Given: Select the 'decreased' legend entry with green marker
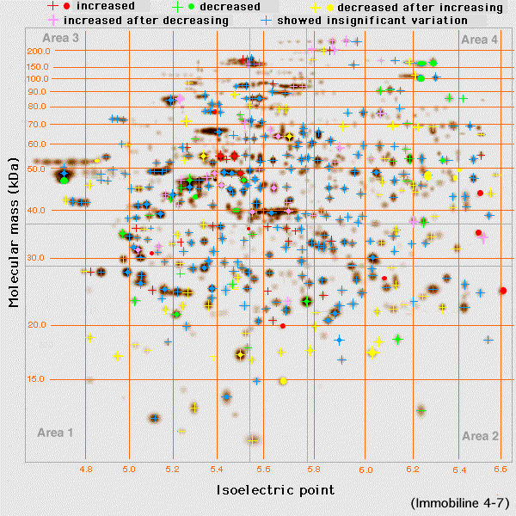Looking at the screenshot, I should (x=224, y=6).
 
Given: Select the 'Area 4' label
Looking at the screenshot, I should (x=479, y=40).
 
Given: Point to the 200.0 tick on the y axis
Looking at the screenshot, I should (x=40, y=51).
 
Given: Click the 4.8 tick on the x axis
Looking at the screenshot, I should (x=85, y=470).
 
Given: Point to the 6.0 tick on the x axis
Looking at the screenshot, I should (x=366, y=470).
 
